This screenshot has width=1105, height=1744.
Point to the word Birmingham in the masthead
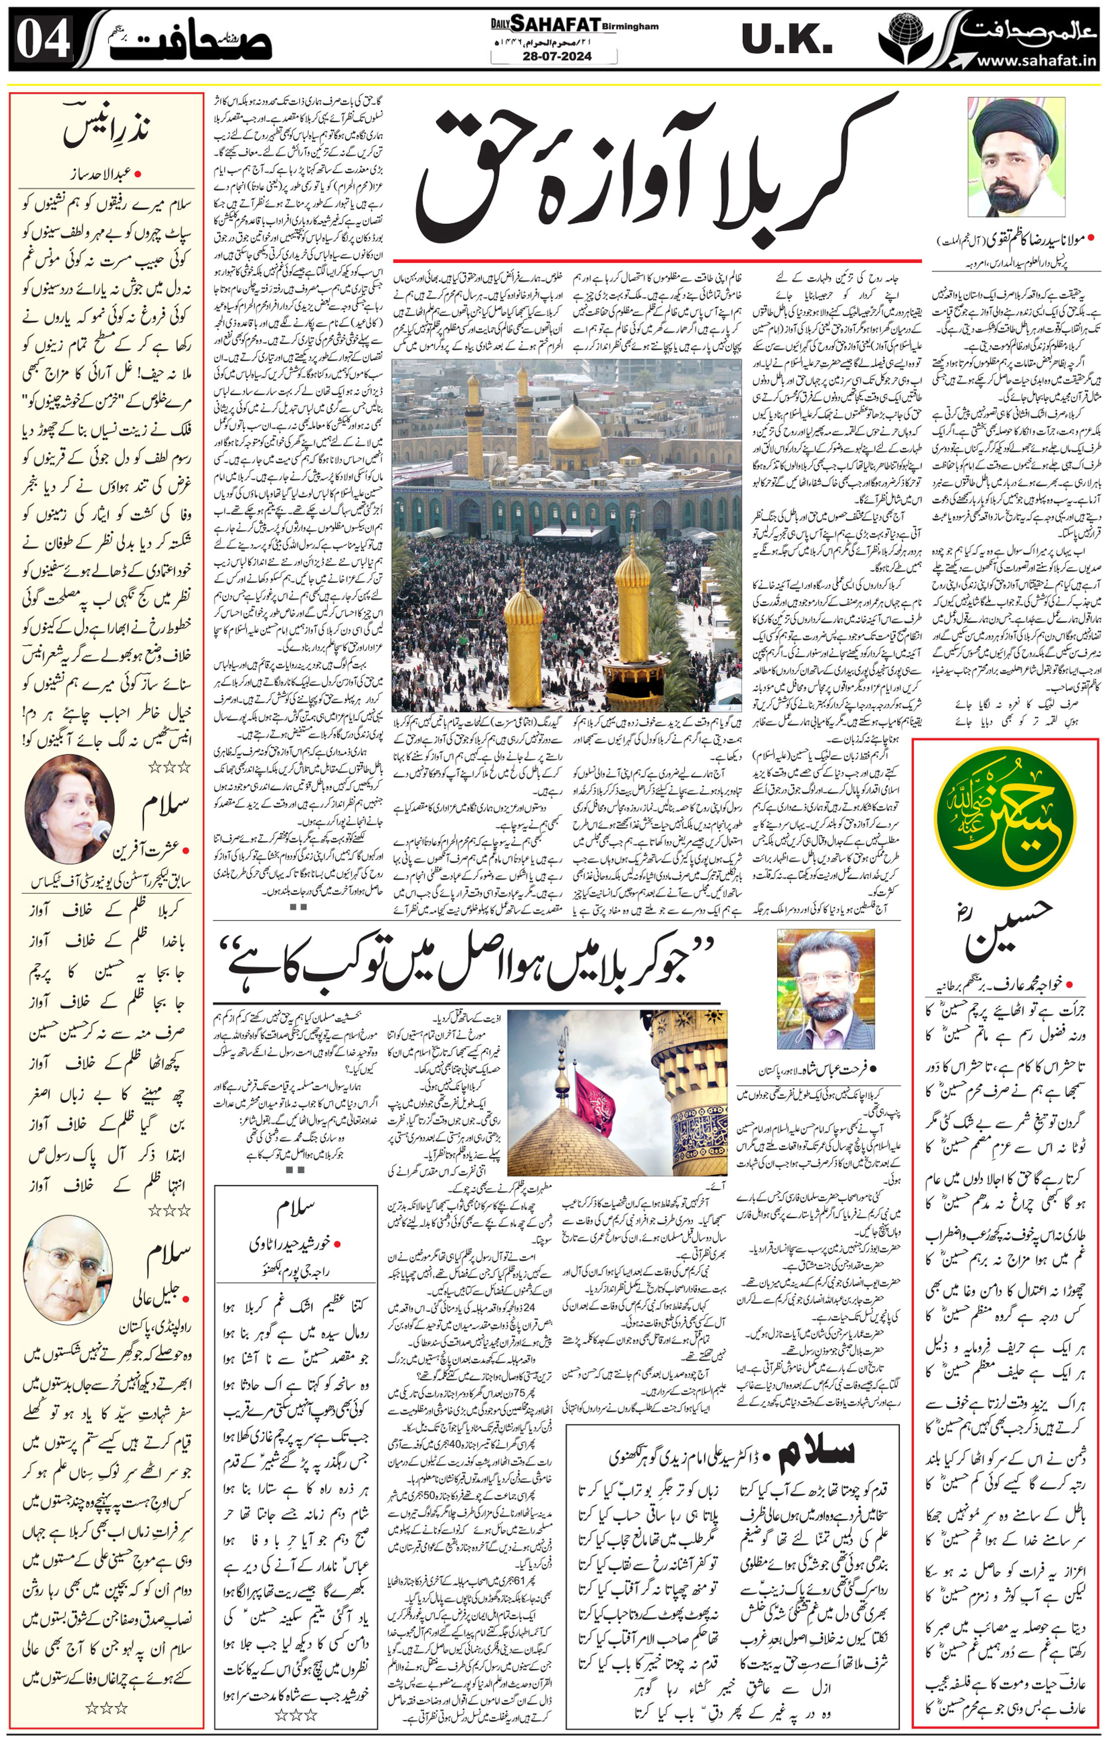pos(630,27)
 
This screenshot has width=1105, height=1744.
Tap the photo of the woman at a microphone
pos(69,807)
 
